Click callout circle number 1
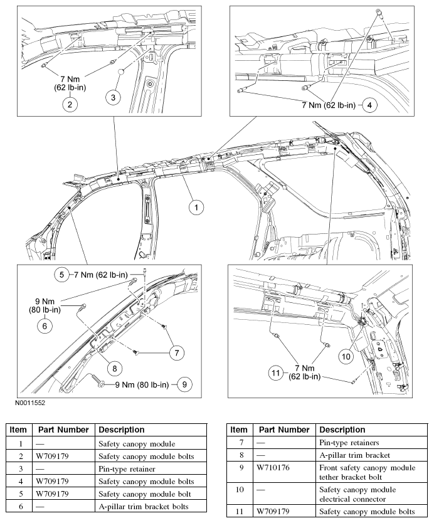[196, 206]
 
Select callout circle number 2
[70, 105]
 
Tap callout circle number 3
[114, 97]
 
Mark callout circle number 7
[178, 353]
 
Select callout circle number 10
[346, 356]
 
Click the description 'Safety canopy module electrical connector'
[358, 494]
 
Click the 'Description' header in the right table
[342, 430]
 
